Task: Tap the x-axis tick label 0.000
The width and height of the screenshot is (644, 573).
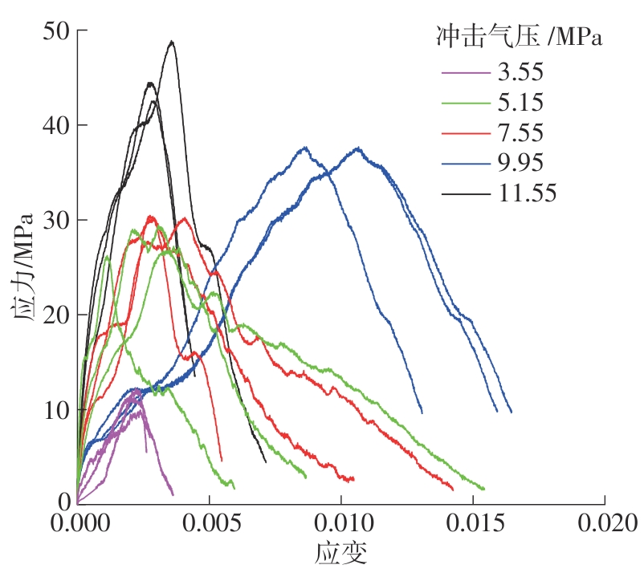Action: click(x=77, y=525)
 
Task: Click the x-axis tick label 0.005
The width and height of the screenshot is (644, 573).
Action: click(x=210, y=525)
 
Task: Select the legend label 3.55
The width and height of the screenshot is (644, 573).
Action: click(x=520, y=72)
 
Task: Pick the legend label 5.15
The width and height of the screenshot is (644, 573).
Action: click(x=520, y=102)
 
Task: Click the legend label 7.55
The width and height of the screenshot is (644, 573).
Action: click(x=520, y=132)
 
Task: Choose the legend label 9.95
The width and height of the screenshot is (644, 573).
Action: click(x=520, y=162)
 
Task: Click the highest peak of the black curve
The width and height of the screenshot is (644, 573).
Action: click(x=171, y=42)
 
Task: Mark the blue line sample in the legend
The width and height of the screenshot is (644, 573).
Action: click(x=465, y=163)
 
